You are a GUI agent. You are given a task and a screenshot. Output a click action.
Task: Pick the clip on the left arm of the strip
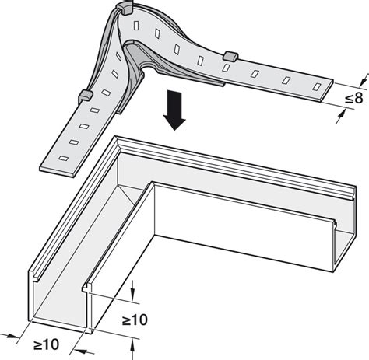(85, 96)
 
